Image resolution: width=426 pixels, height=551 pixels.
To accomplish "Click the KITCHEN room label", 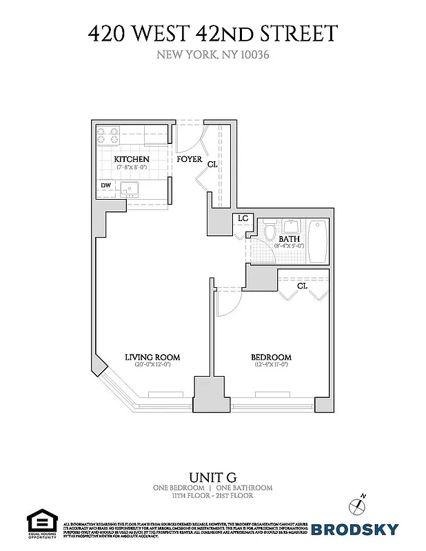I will [x=131, y=159].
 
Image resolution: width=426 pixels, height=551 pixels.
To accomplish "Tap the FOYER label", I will [x=190, y=159].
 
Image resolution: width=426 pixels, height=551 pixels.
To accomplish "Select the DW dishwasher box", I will [x=105, y=185].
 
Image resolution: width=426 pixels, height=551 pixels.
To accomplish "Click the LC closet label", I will [x=243, y=218].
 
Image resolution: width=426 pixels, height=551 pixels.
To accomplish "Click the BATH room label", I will [x=289, y=239].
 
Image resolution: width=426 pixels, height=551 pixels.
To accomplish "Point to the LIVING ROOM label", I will [x=152, y=357].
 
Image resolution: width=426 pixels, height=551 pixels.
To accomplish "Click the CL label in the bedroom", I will [x=302, y=286].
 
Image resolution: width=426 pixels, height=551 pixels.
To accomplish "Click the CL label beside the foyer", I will [x=212, y=165].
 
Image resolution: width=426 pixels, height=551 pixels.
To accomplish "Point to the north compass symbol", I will [x=356, y=504].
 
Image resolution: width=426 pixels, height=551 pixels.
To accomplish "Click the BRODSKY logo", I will [x=355, y=529].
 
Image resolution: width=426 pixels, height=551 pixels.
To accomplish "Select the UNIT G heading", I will [x=212, y=477].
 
